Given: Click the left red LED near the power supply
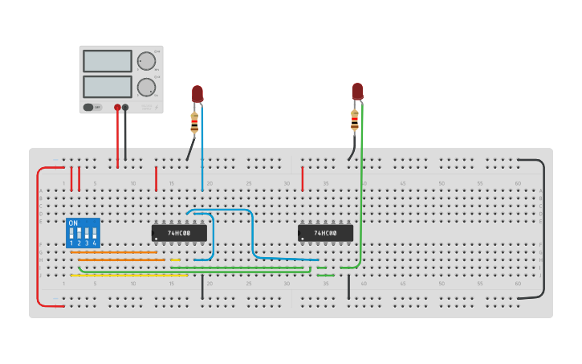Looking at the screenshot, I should coord(197,93).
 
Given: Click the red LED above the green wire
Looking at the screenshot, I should coord(357,91).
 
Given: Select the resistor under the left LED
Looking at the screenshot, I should coord(194,122).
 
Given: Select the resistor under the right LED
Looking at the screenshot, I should coord(354,120).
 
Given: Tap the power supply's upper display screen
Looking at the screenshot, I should coord(108,61).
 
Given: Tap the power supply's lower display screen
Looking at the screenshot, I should coord(108,86).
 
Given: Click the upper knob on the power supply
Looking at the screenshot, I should coord(146,61).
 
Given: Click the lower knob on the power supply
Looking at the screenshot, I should coord(146,87).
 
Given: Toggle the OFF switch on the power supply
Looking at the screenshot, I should coord(92,107).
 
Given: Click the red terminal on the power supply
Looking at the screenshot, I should coord(117,107).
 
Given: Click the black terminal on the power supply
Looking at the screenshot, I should coord(125,107).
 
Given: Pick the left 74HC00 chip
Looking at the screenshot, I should coord(179,233).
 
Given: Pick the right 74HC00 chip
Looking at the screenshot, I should coord(325,233).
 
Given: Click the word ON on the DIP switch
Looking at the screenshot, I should coord(73,223).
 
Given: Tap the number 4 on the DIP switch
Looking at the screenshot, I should coord(94,243).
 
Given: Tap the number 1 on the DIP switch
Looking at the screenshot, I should coord(71,243).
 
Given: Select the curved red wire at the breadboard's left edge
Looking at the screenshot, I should coord(38,237).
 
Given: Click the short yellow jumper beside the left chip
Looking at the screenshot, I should coord(175,260).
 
